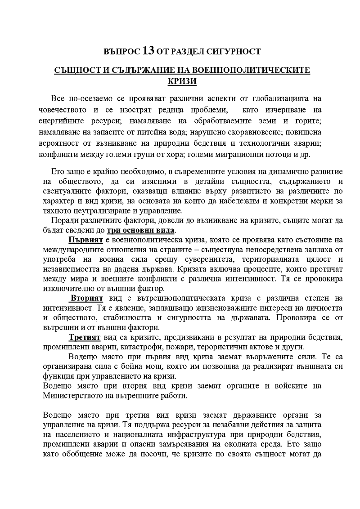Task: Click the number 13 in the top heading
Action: click(148, 51)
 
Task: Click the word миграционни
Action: click(237, 154)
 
